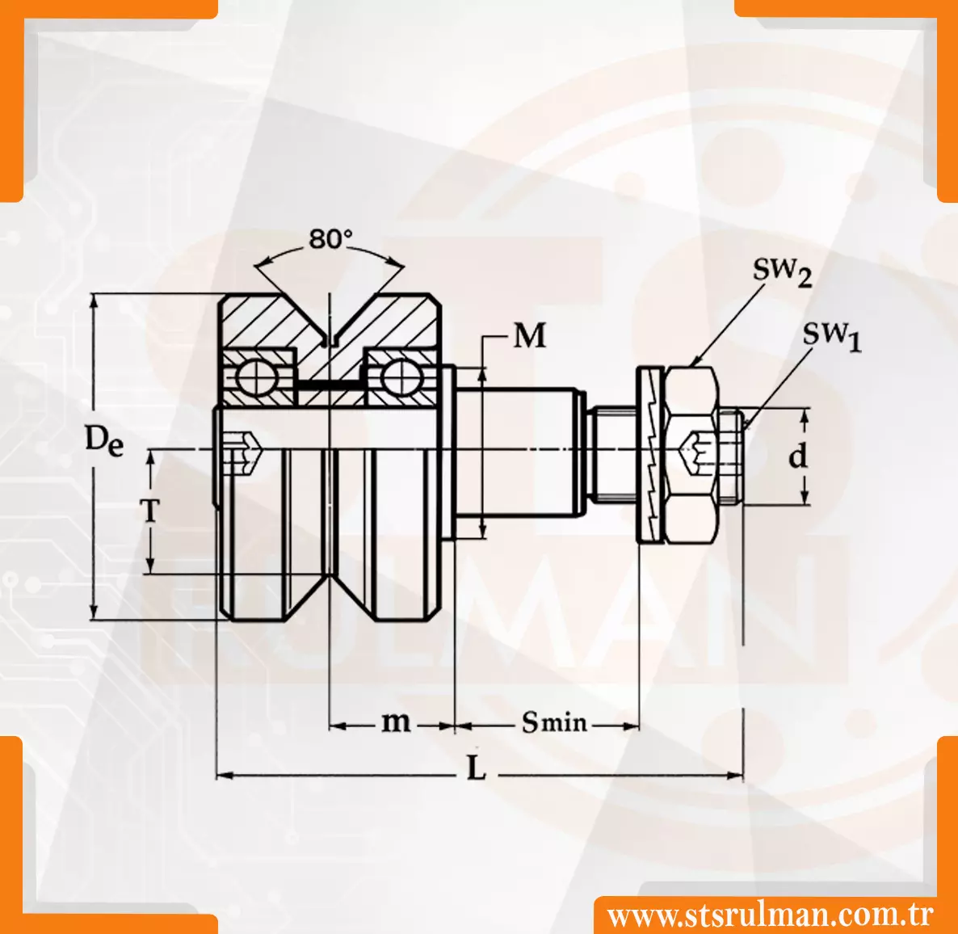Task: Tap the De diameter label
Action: [x=104, y=440]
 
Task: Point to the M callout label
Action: [x=529, y=335]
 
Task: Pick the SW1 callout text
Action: [x=831, y=336]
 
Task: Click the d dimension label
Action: [x=797, y=456]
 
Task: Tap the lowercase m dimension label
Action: [x=396, y=722]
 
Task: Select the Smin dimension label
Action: [x=553, y=722]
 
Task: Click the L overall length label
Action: [x=476, y=769]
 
